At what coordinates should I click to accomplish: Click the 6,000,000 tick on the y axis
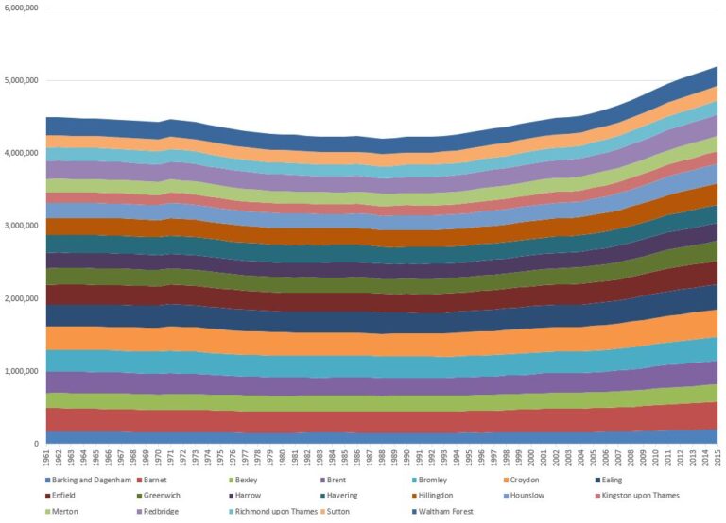[20, 8]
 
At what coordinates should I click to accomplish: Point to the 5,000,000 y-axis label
[20, 80]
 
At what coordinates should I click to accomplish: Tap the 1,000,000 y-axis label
[20, 371]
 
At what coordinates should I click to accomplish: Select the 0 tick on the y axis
[36, 444]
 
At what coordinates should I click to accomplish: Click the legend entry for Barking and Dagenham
[91, 481]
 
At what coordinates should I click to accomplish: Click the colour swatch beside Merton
[46, 511]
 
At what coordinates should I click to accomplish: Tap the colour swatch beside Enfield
[46, 496]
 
